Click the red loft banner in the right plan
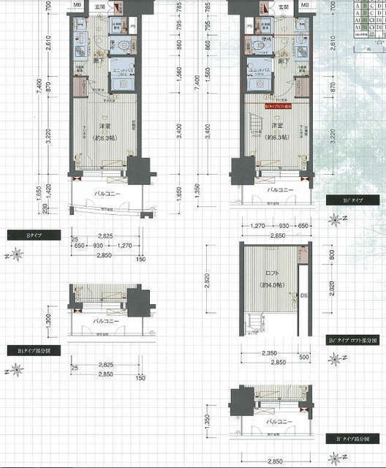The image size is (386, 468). click(x=271, y=105)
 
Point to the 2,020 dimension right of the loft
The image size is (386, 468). click(x=333, y=296)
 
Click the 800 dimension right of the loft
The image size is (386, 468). click(x=333, y=256)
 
